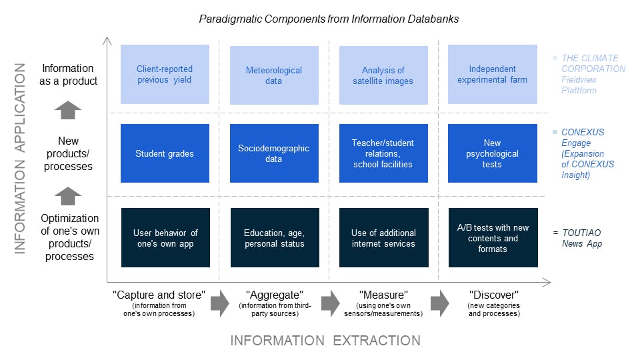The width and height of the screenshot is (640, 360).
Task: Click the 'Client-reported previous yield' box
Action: (165, 74)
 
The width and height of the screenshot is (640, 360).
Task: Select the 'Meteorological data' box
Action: (274, 75)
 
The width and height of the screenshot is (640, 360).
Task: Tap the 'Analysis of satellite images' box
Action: (384, 75)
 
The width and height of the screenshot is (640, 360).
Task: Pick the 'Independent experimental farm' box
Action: (493, 74)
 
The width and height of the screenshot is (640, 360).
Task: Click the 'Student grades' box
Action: (165, 153)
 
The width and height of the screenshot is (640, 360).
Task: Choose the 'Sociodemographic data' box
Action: (274, 153)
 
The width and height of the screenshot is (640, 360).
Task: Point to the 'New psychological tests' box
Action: (493, 153)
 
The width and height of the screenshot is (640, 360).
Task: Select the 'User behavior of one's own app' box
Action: (166, 237)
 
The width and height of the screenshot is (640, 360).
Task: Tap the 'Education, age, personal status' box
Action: (275, 237)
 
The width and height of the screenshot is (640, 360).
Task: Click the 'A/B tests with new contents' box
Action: (493, 237)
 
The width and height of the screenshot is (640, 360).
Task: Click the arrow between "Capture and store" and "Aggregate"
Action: (220, 303)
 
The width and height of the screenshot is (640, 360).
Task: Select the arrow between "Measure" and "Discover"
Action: (440, 303)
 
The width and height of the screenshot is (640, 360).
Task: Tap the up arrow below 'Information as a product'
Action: (68, 110)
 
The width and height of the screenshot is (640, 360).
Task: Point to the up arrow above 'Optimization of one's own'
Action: (68, 196)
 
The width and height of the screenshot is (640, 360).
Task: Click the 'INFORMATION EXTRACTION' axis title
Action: (325, 341)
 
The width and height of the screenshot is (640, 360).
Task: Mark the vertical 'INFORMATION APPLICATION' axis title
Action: (19, 159)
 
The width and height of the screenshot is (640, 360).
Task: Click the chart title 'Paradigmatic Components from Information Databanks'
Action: (329, 19)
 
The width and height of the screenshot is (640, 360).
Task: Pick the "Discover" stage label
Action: (494, 295)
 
